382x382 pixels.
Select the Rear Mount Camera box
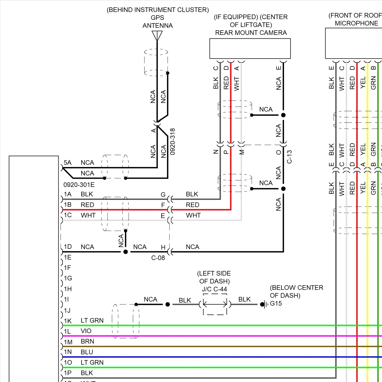[x=250, y=48]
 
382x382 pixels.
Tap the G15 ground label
[x=276, y=303]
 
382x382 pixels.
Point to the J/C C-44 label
[x=214, y=289]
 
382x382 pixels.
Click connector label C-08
[x=158, y=258]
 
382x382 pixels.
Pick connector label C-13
[x=289, y=157]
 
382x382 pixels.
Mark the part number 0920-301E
[x=79, y=185]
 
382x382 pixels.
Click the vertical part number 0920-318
[x=172, y=142]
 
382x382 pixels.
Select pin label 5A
[x=67, y=162]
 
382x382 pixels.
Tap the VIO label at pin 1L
[x=86, y=331]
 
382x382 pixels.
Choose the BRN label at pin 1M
[x=87, y=341]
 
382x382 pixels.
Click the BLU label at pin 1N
[x=87, y=352]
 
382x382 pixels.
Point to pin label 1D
[x=68, y=247]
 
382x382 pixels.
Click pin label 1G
[x=68, y=278]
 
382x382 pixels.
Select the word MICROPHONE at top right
[x=356, y=23]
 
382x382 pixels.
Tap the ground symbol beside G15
[x=265, y=304]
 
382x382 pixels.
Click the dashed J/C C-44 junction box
[x=215, y=304]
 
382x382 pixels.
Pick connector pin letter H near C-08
[x=163, y=247]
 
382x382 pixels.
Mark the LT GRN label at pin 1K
[x=92, y=320]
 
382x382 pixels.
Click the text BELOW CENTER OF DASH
[x=296, y=291]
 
